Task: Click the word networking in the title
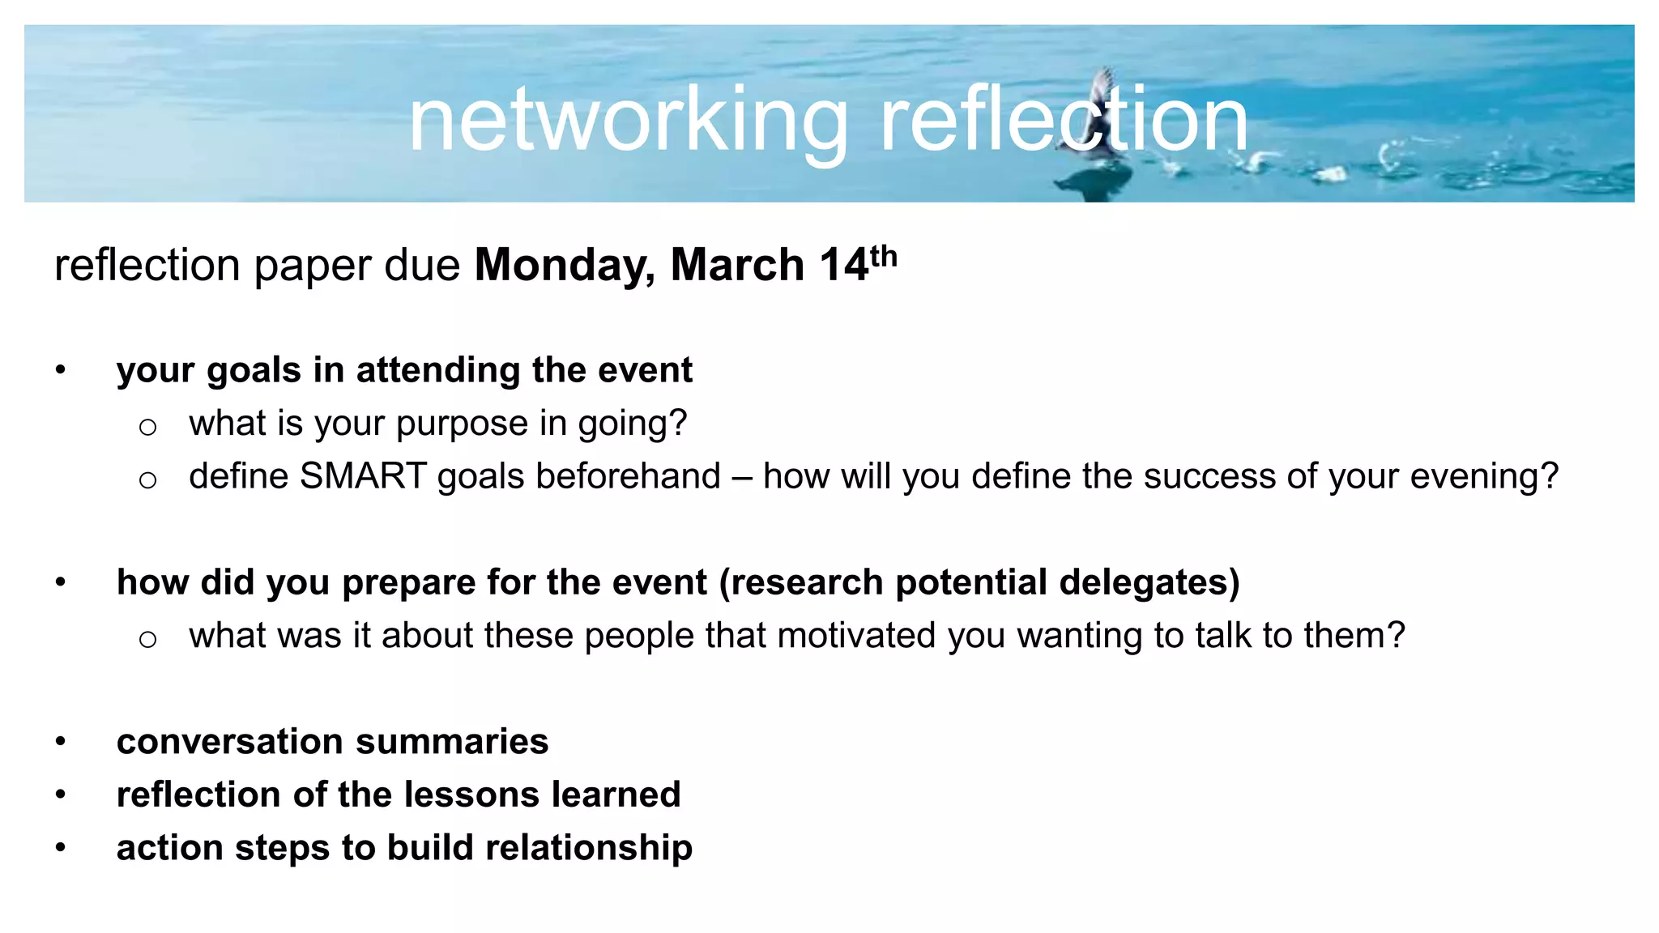pos(628,121)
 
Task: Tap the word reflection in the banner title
pos(1063,121)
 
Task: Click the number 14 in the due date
pos(843,265)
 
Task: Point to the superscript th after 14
pos(884,256)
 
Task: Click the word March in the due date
pos(737,265)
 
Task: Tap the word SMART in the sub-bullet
pos(363,476)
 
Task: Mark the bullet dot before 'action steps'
pos(61,847)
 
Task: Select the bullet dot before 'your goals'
pos(61,370)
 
